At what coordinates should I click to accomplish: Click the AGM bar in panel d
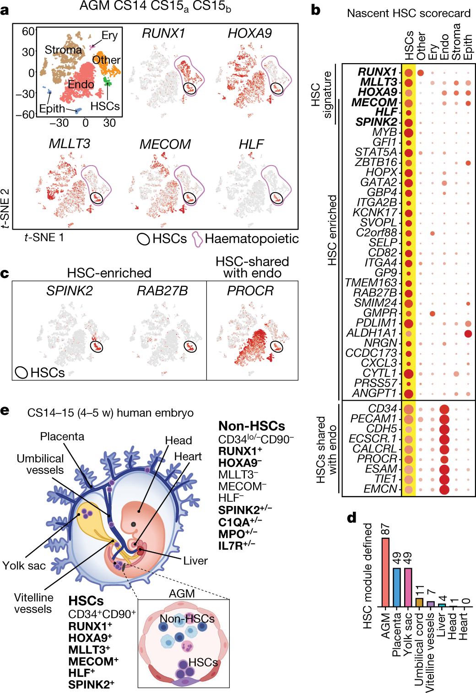tap(385, 572)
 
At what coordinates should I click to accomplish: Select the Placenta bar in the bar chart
tap(396, 587)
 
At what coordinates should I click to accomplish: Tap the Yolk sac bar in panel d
tap(407, 587)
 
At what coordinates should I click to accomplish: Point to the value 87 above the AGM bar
tap(385, 530)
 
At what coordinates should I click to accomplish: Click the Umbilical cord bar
tap(419, 602)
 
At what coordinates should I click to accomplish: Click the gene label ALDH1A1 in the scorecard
tap(371, 333)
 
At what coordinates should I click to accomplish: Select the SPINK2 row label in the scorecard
tap(376, 122)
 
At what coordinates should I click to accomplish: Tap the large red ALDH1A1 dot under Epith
tap(468, 333)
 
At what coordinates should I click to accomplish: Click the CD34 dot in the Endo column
tap(444, 409)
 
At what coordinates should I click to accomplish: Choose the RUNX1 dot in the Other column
tap(421, 73)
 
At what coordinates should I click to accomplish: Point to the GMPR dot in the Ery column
tap(433, 313)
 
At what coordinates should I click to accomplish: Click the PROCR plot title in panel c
tap(250, 291)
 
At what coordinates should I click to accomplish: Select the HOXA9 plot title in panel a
tap(249, 33)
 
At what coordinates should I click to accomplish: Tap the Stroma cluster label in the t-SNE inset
tap(63, 50)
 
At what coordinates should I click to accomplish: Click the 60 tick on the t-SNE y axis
tap(28, 31)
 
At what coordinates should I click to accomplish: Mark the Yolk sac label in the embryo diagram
tap(24, 566)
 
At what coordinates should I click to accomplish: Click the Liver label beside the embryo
tap(195, 561)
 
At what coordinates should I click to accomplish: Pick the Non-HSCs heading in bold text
tap(252, 426)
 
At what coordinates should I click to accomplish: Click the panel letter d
tap(352, 518)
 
